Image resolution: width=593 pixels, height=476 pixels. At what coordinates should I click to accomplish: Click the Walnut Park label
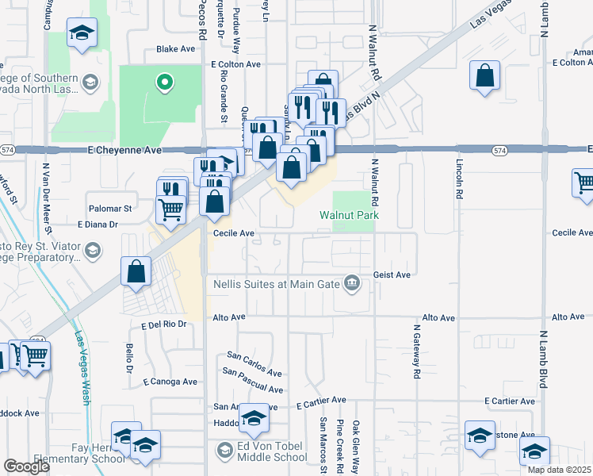coord(349,215)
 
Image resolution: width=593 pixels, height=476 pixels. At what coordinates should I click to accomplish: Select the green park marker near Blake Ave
coord(163,81)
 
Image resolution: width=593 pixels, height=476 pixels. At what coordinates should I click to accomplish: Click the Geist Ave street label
coord(392,274)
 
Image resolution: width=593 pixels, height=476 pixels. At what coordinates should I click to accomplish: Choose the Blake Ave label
coord(175,49)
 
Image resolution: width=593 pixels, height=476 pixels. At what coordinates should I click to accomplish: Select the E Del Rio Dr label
coord(163,324)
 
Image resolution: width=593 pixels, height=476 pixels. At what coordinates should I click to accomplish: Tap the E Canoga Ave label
coord(170,382)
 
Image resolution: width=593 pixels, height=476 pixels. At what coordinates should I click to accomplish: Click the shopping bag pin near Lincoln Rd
coord(484,77)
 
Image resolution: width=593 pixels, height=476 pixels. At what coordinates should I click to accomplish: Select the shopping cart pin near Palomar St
coord(170,209)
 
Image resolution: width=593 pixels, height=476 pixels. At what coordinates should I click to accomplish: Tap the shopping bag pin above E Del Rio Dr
coord(136,271)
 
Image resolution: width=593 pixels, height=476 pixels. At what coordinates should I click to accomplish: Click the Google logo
coord(26,466)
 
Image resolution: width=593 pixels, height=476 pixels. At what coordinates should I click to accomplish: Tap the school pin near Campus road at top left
coord(81,33)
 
